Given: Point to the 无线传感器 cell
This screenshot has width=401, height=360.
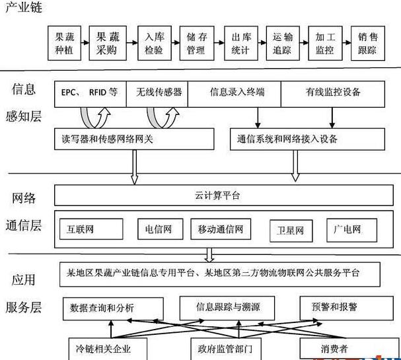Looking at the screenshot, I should tap(159, 92).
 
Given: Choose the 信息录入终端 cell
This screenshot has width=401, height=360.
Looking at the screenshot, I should tap(237, 92).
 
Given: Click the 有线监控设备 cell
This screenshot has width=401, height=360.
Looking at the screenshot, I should tap(332, 92).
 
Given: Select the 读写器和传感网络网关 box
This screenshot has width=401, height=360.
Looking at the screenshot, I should tap(135, 139).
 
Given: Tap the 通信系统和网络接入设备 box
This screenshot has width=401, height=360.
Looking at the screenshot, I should tap(308, 139).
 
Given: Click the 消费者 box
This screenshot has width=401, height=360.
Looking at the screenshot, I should tap(333, 347).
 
